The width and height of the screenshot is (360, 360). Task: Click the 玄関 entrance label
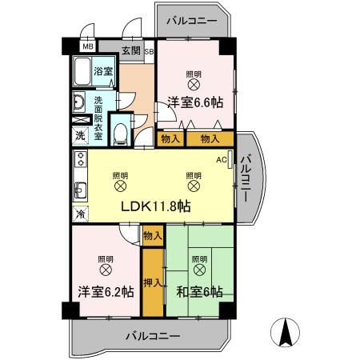pos(130,51)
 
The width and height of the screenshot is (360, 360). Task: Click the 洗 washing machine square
pos(80,135)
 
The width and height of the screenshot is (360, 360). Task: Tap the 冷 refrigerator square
pos(80,214)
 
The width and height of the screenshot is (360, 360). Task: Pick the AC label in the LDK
pos(222,158)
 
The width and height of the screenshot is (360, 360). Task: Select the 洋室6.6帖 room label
pos(194,102)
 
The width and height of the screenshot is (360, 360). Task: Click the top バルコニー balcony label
pos(191,22)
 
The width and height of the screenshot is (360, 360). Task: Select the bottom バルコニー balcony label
pos(152,336)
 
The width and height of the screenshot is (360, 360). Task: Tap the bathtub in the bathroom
pos(83,74)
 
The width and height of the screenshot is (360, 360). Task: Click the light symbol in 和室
pos(199,270)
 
